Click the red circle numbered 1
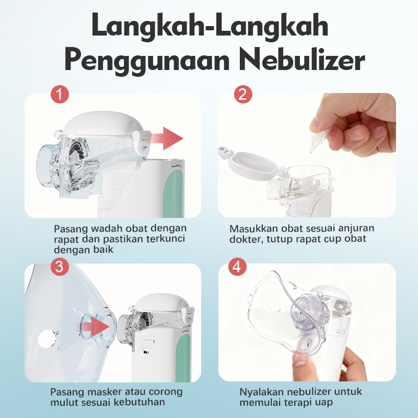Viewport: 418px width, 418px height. [60, 95]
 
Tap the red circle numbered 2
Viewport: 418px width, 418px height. [243, 95]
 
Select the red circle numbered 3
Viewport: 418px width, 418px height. [60, 266]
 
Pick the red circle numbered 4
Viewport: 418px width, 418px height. [238, 266]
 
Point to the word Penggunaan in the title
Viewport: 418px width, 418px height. [147, 61]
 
